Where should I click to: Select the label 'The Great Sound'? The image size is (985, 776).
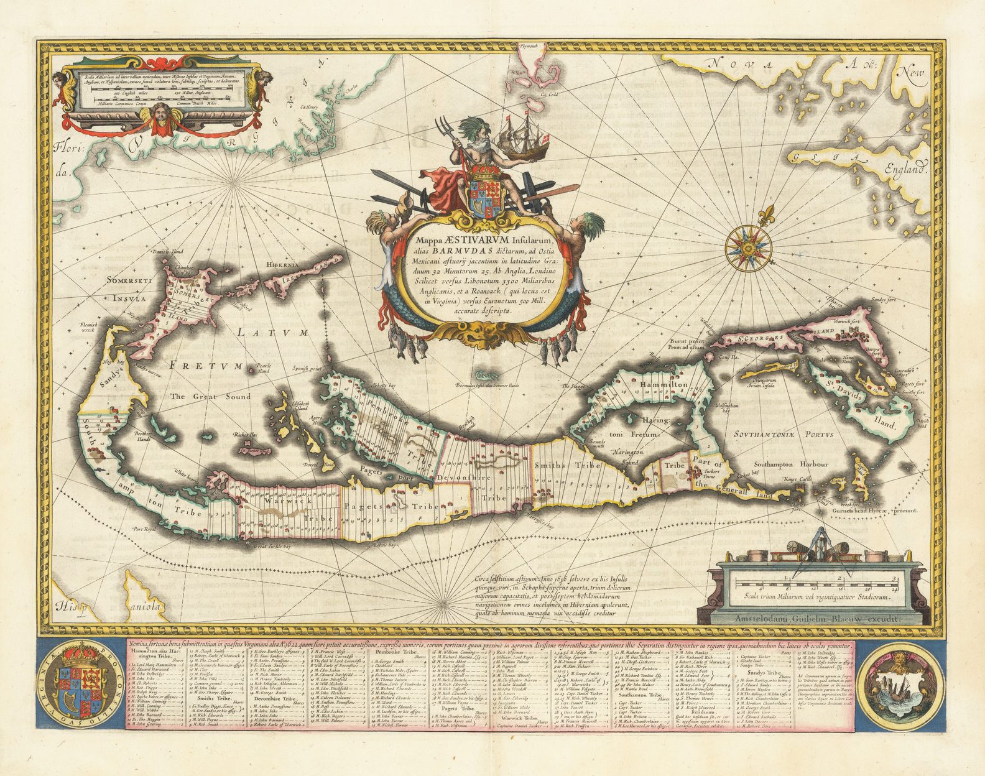211,396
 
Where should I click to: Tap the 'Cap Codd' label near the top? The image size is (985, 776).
548,95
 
